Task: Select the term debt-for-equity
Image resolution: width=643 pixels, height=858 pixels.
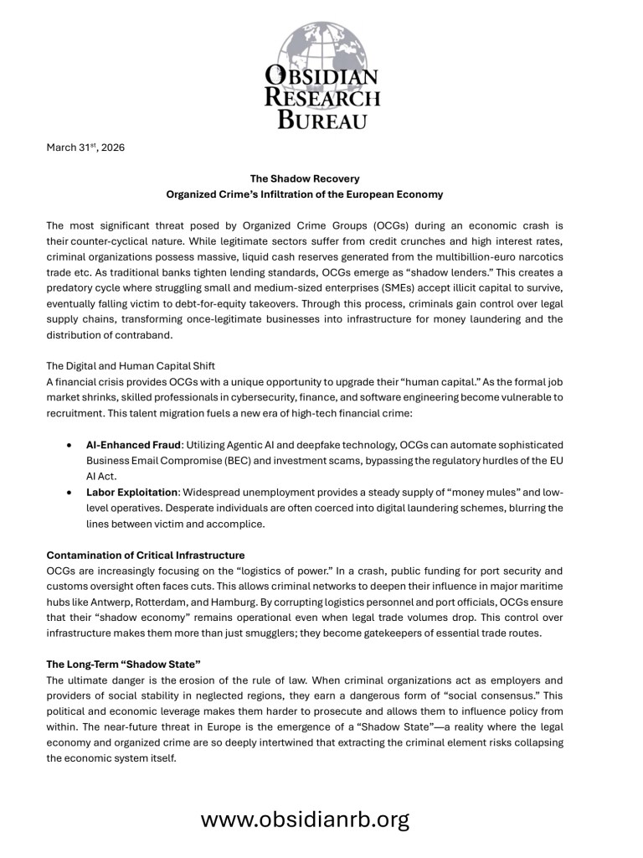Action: (219, 291)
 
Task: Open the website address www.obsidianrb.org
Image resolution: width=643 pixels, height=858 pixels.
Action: (305, 819)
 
